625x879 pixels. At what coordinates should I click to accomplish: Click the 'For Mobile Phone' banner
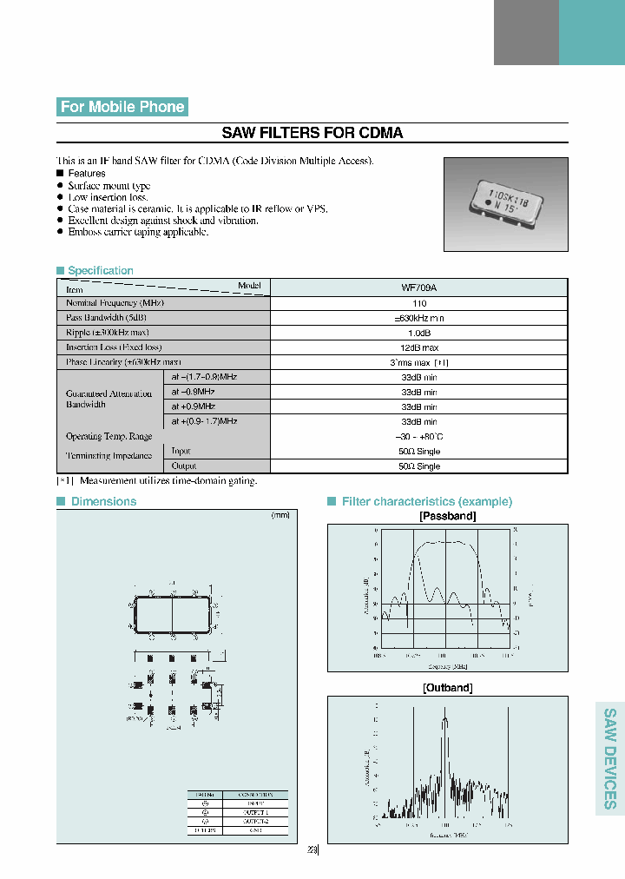click(x=122, y=107)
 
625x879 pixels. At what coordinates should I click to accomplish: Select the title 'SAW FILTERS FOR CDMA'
click(x=312, y=133)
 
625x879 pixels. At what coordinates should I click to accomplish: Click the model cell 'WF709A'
click(x=419, y=287)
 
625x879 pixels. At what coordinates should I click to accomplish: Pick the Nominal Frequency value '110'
click(x=419, y=303)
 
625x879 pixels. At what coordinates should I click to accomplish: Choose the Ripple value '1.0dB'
click(x=419, y=333)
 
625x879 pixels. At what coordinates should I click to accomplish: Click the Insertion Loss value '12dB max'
click(x=419, y=347)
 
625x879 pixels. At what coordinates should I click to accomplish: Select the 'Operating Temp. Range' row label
click(x=109, y=436)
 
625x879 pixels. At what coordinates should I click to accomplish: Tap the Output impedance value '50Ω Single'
click(x=419, y=466)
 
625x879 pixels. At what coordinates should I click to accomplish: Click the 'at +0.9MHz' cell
click(x=193, y=406)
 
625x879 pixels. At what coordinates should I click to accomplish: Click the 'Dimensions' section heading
click(x=103, y=501)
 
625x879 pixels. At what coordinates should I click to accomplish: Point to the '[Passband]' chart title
click(x=447, y=516)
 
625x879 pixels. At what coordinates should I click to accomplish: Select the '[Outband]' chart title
click(x=447, y=687)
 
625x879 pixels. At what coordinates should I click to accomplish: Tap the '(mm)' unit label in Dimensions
click(x=280, y=515)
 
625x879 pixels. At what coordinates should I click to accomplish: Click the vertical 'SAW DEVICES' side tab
click(x=610, y=758)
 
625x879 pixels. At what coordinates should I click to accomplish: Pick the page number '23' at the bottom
click(x=312, y=850)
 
